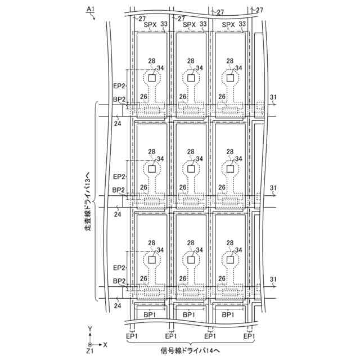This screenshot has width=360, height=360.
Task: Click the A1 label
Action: click(x=90, y=8)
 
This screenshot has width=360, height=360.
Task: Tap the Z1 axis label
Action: click(x=90, y=350)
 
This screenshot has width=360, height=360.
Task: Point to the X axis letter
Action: click(x=106, y=344)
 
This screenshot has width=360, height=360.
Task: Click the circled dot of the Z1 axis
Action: click(x=90, y=343)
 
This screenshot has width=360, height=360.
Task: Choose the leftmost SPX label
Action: click(x=150, y=24)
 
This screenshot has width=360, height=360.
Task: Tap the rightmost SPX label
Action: click(x=228, y=24)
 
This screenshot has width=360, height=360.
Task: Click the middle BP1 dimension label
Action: click(x=189, y=315)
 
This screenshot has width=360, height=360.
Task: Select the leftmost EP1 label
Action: click(x=132, y=336)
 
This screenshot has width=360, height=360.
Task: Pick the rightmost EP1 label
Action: click(x=249, y=336)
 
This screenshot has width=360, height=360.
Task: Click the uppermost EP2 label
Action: click(x=119, y=86)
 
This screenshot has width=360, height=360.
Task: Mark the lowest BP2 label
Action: click(x=119, y=281)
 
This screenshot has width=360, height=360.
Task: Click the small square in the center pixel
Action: click(x=191, y=168)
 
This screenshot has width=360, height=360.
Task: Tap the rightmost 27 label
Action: click(x=260, y=11)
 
